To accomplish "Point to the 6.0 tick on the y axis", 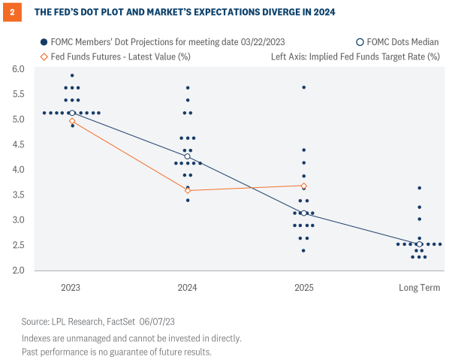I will coord(17,69).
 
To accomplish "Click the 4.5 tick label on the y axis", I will coord(17,144).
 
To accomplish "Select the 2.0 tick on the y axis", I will coord(17,271).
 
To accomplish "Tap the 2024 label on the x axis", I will coord(188,288).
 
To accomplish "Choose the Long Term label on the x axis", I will coord(420,288).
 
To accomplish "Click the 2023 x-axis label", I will coord(72,288).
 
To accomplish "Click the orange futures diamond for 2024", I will coord(188,190).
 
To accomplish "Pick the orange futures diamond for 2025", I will coord(303,186).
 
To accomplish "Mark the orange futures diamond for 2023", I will coord(72,121).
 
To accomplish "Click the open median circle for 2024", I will coord(188,156).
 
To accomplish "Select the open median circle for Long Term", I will coord(420,244).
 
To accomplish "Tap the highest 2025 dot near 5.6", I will coord(303,88).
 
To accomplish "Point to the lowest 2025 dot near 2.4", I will coord(303,250).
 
